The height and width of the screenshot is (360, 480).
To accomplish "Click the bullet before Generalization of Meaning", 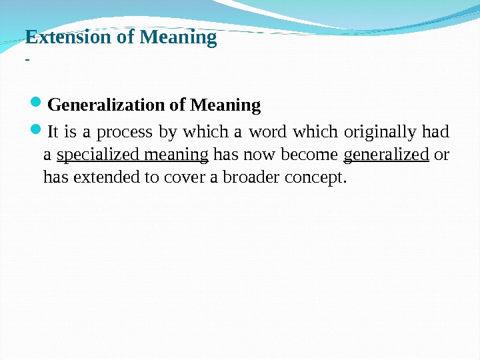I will point(36,105).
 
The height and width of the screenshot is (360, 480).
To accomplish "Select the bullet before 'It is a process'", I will point(36,131).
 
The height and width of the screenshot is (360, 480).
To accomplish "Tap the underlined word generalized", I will point(386,155).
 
